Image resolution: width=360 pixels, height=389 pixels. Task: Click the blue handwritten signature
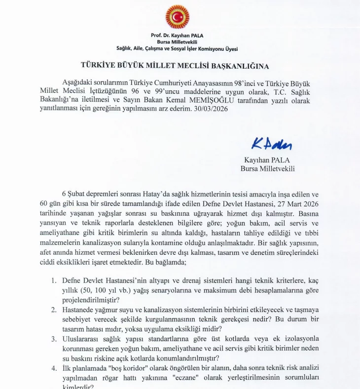click(272, 144)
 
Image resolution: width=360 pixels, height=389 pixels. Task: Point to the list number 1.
click(54, 281)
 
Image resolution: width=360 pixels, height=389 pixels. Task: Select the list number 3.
click(54, 339)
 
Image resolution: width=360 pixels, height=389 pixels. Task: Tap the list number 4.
click(54, 368)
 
